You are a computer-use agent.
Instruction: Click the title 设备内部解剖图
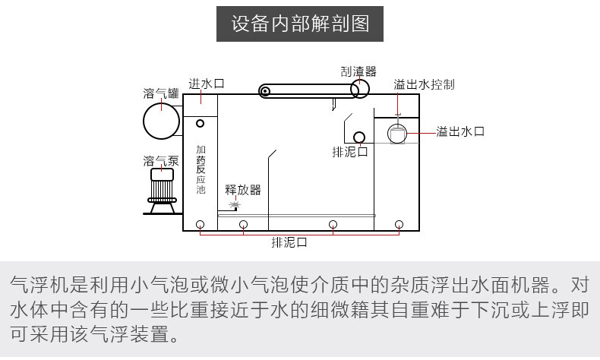click(x=300, y=25)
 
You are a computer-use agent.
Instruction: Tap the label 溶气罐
click(x=160, y=93)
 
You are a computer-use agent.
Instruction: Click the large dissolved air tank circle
click(x=163, y=121)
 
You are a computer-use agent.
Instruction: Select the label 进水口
click(x=206, y=84)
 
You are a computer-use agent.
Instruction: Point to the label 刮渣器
click(x=358, y=71)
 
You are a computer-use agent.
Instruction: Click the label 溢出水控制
click(x=424, y=84)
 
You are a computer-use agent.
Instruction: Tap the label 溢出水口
click(x=459, y=131)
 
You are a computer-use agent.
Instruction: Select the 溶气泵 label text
click(x=160, y=161)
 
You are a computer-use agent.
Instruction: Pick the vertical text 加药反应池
click(x=201, y=169)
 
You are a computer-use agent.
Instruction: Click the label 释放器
click(x=243, y=189)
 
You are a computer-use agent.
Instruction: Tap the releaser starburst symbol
click(x=235, y=205)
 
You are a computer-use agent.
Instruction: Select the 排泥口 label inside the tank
click(x=350, y=152)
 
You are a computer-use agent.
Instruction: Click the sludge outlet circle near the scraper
click(x=358, y=137)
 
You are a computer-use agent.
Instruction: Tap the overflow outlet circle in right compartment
click(x=398, y=134)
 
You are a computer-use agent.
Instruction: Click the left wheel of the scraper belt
click(x=264, y=92)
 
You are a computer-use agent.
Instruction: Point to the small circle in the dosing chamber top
click(x=201, y=123)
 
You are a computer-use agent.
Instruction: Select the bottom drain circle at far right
click(x=399, y=223)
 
